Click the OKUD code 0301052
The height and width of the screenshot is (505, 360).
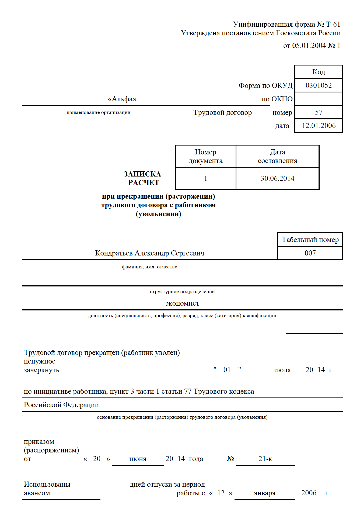pos(319,85)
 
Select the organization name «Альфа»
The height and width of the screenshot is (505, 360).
pos(122,99)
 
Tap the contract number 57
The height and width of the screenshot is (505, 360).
pos(319,112)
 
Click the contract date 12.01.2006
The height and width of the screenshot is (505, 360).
pos(319,126)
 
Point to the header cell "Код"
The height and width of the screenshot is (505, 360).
pos(319,72)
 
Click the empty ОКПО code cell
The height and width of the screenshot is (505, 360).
pos(319,99)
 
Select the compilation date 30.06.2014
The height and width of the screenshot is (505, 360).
pos(277,178)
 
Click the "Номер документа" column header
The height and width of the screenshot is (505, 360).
pos(205,156)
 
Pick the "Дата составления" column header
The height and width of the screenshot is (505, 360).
pos(277,156)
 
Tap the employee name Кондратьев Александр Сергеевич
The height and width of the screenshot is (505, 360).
pos(150,253)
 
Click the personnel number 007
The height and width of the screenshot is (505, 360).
pos(310,253)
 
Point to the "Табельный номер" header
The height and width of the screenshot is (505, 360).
pos(310,240)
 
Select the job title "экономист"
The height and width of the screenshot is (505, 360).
pos(182,303)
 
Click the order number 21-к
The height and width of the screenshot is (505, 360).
pos(265,459)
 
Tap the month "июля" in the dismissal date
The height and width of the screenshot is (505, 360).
pos(282,370)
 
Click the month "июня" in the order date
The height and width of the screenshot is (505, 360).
pos(138,459)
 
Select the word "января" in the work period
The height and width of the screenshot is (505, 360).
pos(264,493)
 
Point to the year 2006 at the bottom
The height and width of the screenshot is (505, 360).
pos(309,493)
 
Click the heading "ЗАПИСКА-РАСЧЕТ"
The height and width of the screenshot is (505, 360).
pos(144,178)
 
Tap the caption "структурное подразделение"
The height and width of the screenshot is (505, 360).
pos(182,292)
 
